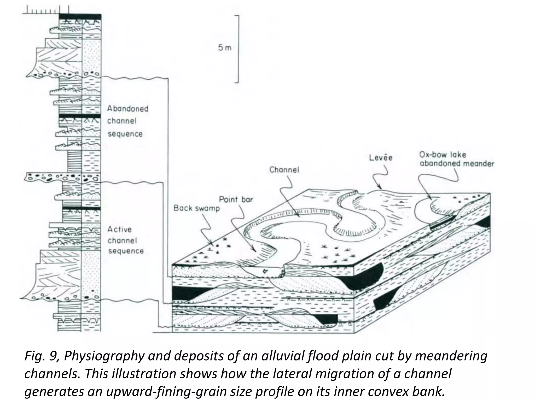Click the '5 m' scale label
(225, 48)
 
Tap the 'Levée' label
(381, 158)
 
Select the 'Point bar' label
(236, 200)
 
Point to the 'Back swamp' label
(197, 208)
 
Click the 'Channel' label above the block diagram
(284, 170)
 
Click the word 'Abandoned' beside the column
(128, 109)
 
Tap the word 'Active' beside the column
(119, 229)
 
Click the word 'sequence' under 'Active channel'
(126, 251)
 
